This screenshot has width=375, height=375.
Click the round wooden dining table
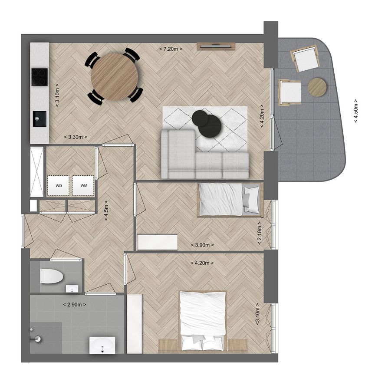[x=115, y=77]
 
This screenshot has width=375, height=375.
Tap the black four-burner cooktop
[x=39, y=77]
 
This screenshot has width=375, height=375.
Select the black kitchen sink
[x=39, y=118]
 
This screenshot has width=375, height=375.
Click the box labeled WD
[x=59, y=186]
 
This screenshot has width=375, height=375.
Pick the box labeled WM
[x=83, y=186]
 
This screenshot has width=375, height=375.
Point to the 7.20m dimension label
[x=171, y=49]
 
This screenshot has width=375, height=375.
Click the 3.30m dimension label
[x=76, y=137]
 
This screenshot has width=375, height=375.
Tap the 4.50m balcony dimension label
[x=356, y=111]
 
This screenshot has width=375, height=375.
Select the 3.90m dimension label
[x=202, y=245]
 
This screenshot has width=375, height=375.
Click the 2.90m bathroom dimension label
[x=75, y=305]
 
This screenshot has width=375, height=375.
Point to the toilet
[x=51, y=276]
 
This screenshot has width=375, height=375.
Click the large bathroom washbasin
[x=102, y=345]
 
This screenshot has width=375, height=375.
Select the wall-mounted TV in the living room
[x=216, y=46]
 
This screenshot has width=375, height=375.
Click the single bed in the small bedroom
[x=230, y=200]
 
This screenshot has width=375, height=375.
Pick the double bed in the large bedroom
[x=203, y=321]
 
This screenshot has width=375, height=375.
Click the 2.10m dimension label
[x=260, y=233]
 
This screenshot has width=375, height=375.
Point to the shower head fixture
[x=36, y=339]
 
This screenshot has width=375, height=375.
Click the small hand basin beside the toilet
[x=72, y=289]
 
